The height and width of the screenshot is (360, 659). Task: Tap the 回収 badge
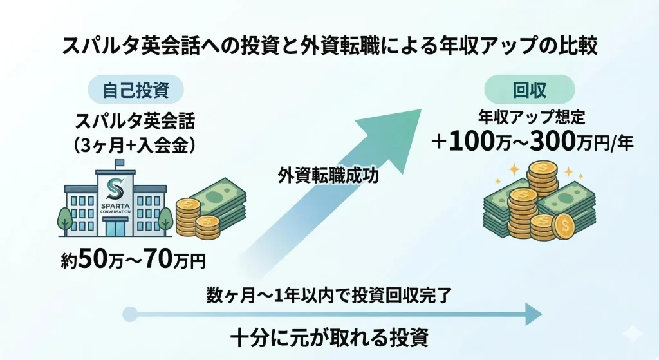coord(529,91)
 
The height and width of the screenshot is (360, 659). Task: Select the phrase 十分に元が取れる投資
coord(329,337)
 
